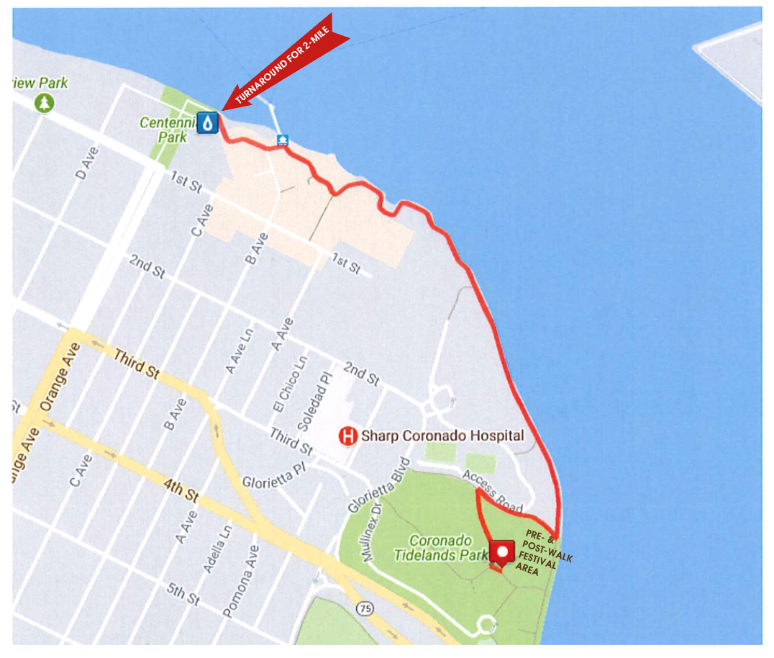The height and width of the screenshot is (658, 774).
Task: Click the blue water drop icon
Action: pos(208,124)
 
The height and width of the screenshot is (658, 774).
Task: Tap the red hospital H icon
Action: pos(348,436)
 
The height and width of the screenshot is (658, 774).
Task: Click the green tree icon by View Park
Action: pos(45,103)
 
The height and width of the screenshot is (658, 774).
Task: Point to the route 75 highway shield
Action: pos(366,608)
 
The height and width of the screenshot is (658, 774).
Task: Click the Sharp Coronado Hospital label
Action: pos(442,436)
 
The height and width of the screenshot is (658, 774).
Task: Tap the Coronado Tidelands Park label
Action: pos(442,547)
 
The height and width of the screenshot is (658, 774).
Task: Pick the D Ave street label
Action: pos(86,163)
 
